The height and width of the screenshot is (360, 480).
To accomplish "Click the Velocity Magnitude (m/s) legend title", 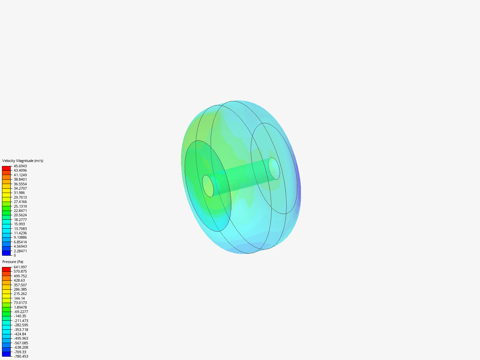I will [x=23, y=161].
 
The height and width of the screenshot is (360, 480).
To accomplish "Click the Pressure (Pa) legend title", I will [x=13, y=262].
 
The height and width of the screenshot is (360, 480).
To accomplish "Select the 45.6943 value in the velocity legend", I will [x=20, y=166].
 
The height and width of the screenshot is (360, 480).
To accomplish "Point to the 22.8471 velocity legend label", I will [x=20, y=211].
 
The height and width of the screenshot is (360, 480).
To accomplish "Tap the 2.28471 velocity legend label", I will [x=20, y=251].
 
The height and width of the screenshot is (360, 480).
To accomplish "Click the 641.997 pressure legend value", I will [x=20, y=267].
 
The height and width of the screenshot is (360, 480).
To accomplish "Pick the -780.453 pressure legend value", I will [x=21, y=356].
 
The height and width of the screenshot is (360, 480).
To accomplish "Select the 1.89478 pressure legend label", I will [x=20, y=307].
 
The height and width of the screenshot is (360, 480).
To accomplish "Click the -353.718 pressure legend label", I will [x=21, y=330].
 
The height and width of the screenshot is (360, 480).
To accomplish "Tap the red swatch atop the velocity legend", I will [x=6, y=168].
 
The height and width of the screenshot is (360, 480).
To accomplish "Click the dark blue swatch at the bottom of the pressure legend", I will [x=6, y=354].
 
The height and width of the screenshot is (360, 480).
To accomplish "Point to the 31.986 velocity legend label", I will [x=19, y=193].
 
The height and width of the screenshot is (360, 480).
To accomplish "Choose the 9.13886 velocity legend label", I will [x=20, y=237].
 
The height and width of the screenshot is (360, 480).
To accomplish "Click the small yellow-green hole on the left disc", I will [x=208, y=186].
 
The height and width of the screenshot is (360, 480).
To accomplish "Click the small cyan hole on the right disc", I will [x=274, y=168].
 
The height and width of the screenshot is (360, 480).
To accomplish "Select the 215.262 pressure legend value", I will [x=20, y=294].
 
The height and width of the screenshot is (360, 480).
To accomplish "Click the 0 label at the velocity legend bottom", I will [x=15, y=255].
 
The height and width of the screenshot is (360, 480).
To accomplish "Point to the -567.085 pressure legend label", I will [x=21, y=343].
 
